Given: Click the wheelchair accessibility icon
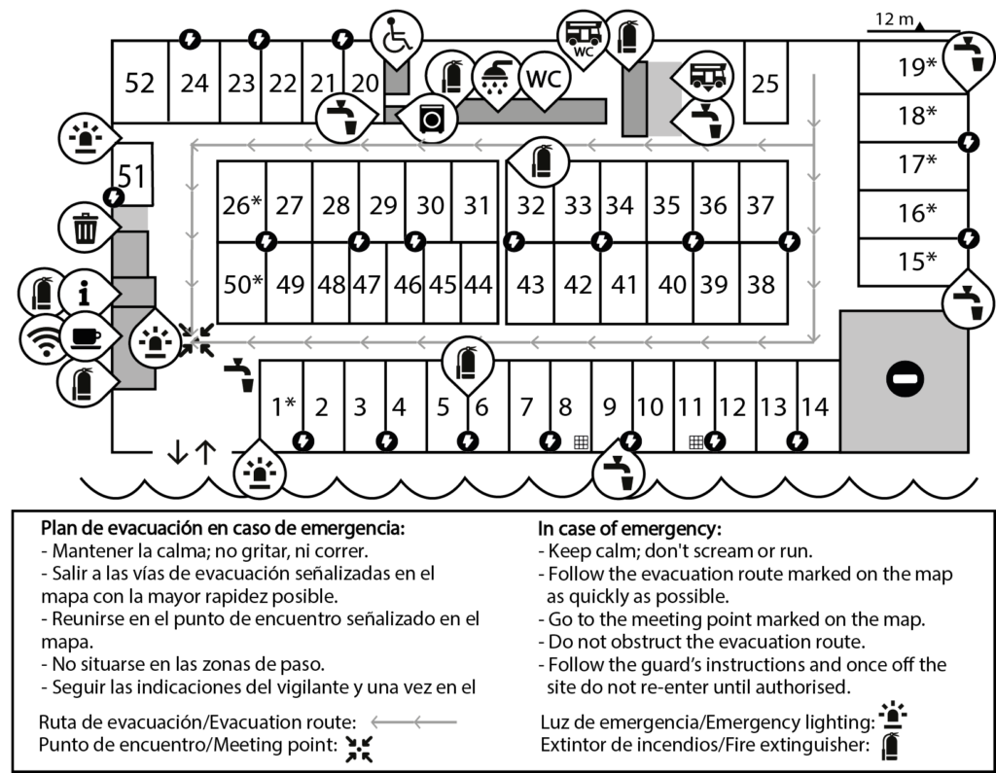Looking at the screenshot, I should (396, 37).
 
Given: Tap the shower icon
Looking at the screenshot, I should (496, 78).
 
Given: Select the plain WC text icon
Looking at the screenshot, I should (544, 78).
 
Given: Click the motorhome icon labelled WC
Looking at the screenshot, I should (584, 37).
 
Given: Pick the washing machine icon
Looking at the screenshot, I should (431, 119).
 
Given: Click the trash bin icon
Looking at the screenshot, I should (86, 228).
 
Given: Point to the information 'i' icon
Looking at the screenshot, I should (85, 293).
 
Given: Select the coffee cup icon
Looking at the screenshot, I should (86, 336).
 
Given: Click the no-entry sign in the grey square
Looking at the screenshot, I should (905, 378).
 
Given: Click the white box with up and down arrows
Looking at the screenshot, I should (192, 449).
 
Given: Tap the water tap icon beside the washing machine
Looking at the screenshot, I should (341, 118).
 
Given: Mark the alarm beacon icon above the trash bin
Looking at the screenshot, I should (87, 138).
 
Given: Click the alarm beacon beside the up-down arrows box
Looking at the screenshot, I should (260, 471).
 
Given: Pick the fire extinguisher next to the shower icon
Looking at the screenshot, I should (451, 77).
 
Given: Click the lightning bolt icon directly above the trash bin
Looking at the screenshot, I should (114, 196).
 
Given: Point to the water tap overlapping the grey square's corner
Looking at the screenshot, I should (967, 302).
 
